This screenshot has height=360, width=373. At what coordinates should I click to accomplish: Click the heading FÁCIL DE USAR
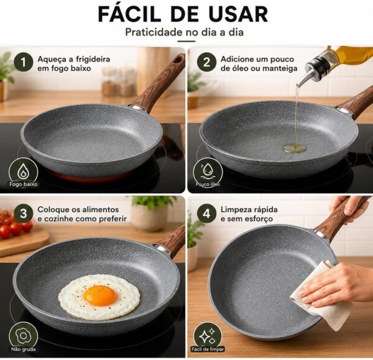coord(183,14)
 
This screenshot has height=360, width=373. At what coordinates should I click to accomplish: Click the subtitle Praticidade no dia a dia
coord(185,32)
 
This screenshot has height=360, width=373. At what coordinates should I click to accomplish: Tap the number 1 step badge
coord(24,62)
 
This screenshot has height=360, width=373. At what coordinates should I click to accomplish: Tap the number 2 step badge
coord(206,62)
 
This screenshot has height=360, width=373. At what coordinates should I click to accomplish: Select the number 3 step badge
coord(24,213)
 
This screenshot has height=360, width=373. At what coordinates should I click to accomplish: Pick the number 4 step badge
coord(206,213)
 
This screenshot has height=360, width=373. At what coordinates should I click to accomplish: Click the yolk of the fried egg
coord(100,296)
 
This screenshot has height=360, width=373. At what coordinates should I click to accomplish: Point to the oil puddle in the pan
coord(294,149)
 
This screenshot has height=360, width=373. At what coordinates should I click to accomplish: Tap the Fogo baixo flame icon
coord(23,171)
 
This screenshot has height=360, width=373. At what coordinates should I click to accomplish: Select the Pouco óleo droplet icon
coord(208,171)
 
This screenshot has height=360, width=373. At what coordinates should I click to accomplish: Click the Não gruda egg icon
coord(23,336)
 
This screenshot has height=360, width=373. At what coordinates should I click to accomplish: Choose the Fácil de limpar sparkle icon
coord(207,336)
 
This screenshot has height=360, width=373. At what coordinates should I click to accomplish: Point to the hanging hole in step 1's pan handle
coord(177,60)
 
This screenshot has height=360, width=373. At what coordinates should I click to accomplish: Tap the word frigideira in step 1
coord(93,59)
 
